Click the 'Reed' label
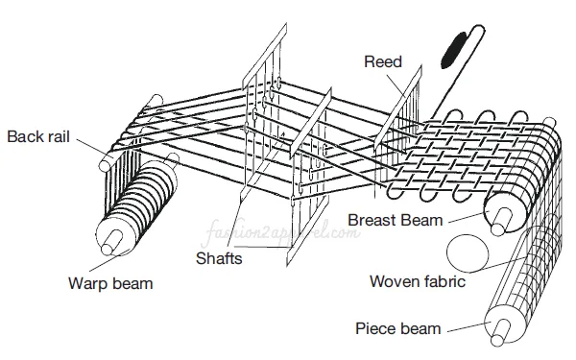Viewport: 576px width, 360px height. pyautogui.click(x=381, y=61)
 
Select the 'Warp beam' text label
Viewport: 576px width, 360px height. pyautogui.click(x=109, y=283)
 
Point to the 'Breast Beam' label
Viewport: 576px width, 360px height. pyautogui.click(x=395, y=220)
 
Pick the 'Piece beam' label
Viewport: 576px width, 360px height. pyautogui.click(x=397, y=328)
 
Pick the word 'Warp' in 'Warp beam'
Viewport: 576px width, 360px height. pyautogui.click(x=87, y=283)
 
